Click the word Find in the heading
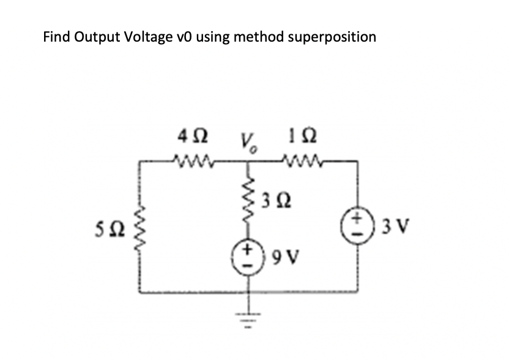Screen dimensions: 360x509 coord(57,37)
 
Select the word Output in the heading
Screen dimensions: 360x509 coord(97,37)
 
